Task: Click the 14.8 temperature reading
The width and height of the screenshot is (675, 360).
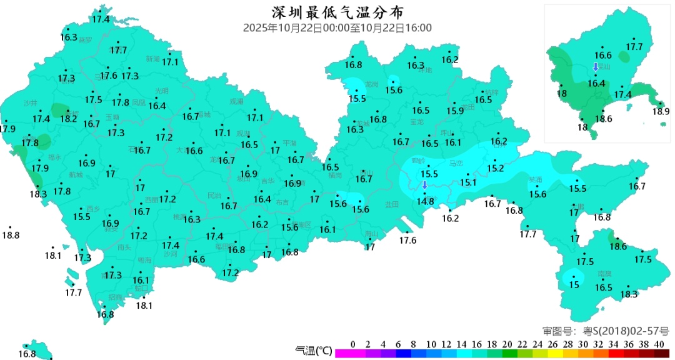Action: coord(425,201)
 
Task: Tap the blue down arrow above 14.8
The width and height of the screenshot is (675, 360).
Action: coord(424,185)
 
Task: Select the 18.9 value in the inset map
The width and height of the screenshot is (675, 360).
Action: coord(661,112)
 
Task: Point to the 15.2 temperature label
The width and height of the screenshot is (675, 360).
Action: coord(496,169)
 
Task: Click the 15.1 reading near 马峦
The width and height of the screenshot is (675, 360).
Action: coord(468,182)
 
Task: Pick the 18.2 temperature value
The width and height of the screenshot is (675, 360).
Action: coord(68,119)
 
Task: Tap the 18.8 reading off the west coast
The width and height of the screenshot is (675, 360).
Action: coord(11,236)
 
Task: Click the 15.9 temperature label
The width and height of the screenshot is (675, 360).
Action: coord(455,111)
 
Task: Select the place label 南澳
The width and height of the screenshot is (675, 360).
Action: coord(604,274)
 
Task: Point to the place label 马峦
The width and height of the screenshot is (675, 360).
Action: coord(457,164)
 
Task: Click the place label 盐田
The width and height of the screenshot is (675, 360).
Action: coord(392,204)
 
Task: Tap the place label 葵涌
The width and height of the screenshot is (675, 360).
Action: coord(536,179)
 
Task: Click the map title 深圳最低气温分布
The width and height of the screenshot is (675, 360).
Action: coord(337,12)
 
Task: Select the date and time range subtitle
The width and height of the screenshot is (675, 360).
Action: coord(337,28)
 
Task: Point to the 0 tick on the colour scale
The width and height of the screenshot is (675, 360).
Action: coord(353,344)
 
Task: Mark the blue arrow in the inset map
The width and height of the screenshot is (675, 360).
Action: coord(596,67)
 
